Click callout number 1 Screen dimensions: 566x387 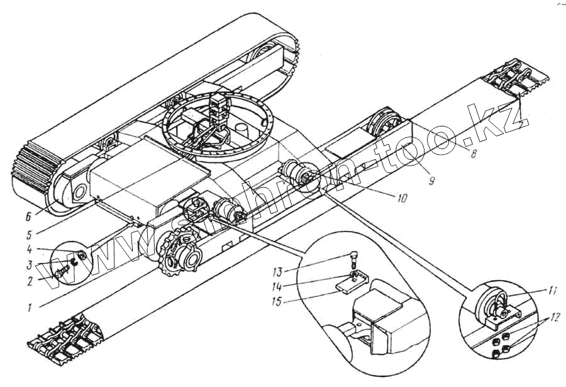(30, 308)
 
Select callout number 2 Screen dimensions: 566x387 (31, 281)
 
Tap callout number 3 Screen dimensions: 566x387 (30, 265)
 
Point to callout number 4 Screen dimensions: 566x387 (30, 249)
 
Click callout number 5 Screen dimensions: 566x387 (30, 235)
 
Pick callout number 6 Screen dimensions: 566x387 (28, 217)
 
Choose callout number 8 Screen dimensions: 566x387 (472, 153)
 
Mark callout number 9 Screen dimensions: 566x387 (431, 181)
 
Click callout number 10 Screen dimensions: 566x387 (402, 198)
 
